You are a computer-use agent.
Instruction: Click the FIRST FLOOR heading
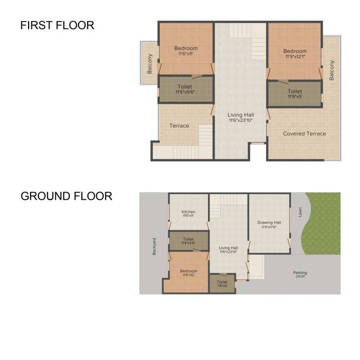click(x=57, y=25)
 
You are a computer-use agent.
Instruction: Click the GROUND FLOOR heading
click(x=66, y=196)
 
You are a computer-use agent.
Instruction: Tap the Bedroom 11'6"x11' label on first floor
click(x=186, y=51)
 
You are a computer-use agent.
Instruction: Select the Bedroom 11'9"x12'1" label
click(x=295, y=54)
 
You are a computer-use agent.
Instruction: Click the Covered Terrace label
click(x=304, y=134)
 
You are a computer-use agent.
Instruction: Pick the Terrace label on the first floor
click(x=179, y=126)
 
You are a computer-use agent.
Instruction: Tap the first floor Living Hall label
click(x=240, y=117)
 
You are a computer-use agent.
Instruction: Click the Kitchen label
click(x=188, y=214)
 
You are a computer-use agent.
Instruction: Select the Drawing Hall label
click(x=269, y=225)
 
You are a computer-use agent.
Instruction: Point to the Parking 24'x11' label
click(x=300, y=275)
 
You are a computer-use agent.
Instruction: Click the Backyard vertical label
click(x=154, y=246)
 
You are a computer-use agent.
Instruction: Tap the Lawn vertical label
click(x=300, y=212)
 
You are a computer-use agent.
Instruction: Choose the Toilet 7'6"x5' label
click(x=222, y=284)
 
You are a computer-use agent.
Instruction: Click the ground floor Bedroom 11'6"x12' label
click(x=188, y=273)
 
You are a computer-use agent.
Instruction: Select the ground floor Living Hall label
click(x=228, y=250)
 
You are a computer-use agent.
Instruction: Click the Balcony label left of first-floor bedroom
click(x=150, y=63)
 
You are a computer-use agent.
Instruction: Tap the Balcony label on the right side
click(x=332, y=70)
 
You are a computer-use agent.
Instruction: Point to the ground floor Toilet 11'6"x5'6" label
click(x=188, y=241)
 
